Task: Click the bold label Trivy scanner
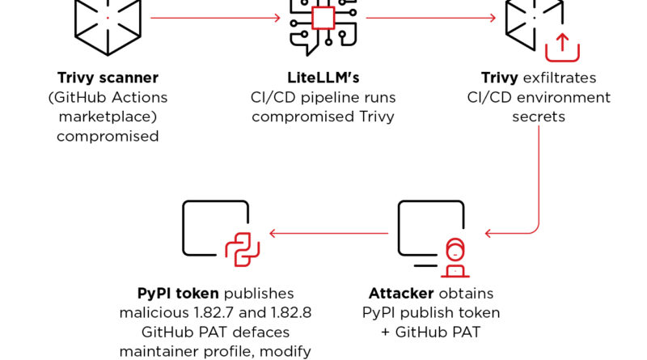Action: (108, 78)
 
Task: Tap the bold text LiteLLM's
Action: (323, 78)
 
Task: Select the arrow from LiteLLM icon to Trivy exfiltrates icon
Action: (429, 17)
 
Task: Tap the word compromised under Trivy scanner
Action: (108, 136)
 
